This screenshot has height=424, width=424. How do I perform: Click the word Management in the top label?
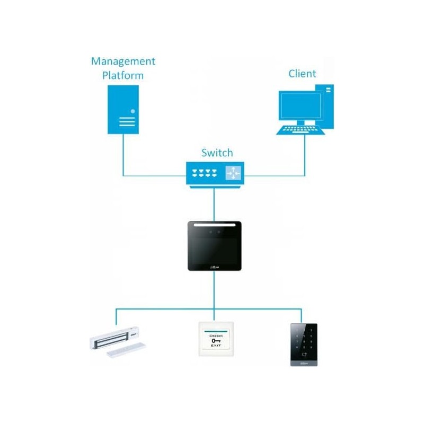123,61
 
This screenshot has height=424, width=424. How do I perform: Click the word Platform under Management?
123,75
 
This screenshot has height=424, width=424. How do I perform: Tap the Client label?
302,74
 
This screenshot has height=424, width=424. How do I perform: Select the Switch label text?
217,153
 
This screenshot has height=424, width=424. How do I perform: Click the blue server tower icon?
123,109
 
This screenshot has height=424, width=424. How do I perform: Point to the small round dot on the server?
132,111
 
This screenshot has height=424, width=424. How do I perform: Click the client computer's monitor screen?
301,105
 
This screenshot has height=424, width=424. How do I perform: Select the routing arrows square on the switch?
233,173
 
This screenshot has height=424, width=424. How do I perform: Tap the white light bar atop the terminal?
214,225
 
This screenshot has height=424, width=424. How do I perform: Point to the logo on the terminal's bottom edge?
215,267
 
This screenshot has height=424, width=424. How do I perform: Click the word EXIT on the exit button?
216,345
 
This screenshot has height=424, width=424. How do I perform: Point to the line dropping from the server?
123,154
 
